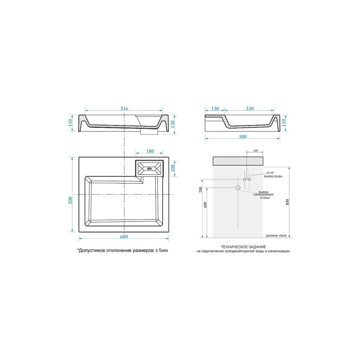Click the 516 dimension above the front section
tap(124, 108)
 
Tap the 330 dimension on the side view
tap(250, 108)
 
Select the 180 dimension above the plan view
tap(150, 151)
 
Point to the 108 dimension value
tap(173, 168)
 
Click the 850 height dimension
tap(288, 202)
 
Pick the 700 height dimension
tap(200, 189)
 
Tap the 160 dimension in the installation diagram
tap(255, 151)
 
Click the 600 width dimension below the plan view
tap(124, 237)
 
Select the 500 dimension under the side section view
tap(243, 137)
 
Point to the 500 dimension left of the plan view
tap(71, 200)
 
